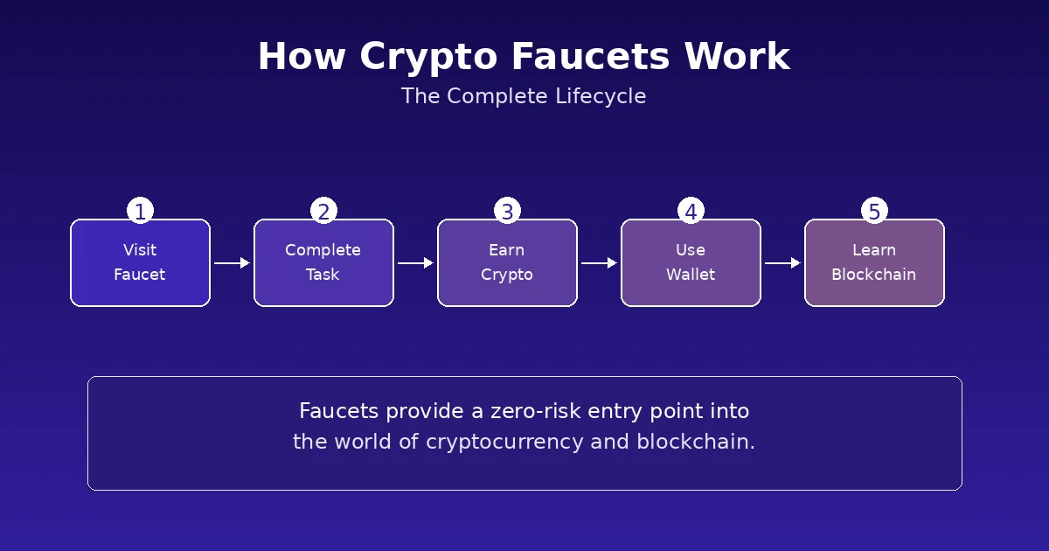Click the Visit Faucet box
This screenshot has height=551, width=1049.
[140, 262]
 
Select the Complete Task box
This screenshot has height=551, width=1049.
[323, 262]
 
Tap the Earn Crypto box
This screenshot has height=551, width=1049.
[507, 262]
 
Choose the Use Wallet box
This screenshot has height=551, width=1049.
[691, 262]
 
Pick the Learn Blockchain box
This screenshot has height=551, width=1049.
[874, 262]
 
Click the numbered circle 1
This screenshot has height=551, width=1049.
[140, 211]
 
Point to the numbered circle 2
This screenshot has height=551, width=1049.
[323, 211]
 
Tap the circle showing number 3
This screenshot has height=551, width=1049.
[507, 211]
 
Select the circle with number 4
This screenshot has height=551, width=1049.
[691, 211]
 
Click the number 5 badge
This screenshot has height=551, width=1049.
[874, 211]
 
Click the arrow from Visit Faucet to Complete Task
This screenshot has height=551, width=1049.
[232, 262]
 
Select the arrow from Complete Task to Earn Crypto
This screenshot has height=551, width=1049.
[415, 262]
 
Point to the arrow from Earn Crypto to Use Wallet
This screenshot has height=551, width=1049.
[599, 262]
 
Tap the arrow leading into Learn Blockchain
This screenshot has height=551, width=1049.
[782, 262]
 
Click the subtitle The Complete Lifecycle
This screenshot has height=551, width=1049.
[524, 96]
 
